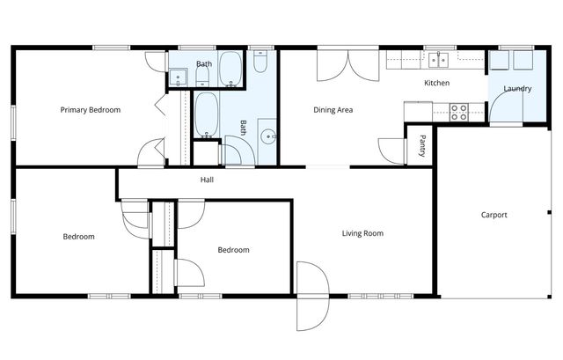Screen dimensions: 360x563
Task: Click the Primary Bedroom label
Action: tap(90, 110)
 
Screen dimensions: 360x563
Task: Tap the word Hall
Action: tap(207, 180)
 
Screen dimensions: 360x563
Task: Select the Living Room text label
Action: tap(363, 233)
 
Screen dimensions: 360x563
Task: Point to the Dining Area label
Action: tap(333, 110)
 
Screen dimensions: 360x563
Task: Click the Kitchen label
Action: tap(437, 84)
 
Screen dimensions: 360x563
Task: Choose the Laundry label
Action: tap(516, 89)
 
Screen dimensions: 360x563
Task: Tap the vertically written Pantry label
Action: tap(423, 143)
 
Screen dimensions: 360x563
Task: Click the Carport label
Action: tap(494, 215)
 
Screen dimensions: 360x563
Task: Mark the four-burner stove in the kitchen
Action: tap(459, 111)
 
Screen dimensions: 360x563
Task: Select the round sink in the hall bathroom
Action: tap(271, 137)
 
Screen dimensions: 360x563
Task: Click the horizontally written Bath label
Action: tap(203, 63)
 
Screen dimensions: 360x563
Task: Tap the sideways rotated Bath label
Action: tap(243, 129)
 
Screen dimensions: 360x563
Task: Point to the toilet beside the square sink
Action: tap(199, 77)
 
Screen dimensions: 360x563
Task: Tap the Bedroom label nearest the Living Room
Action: tap(233, 250)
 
